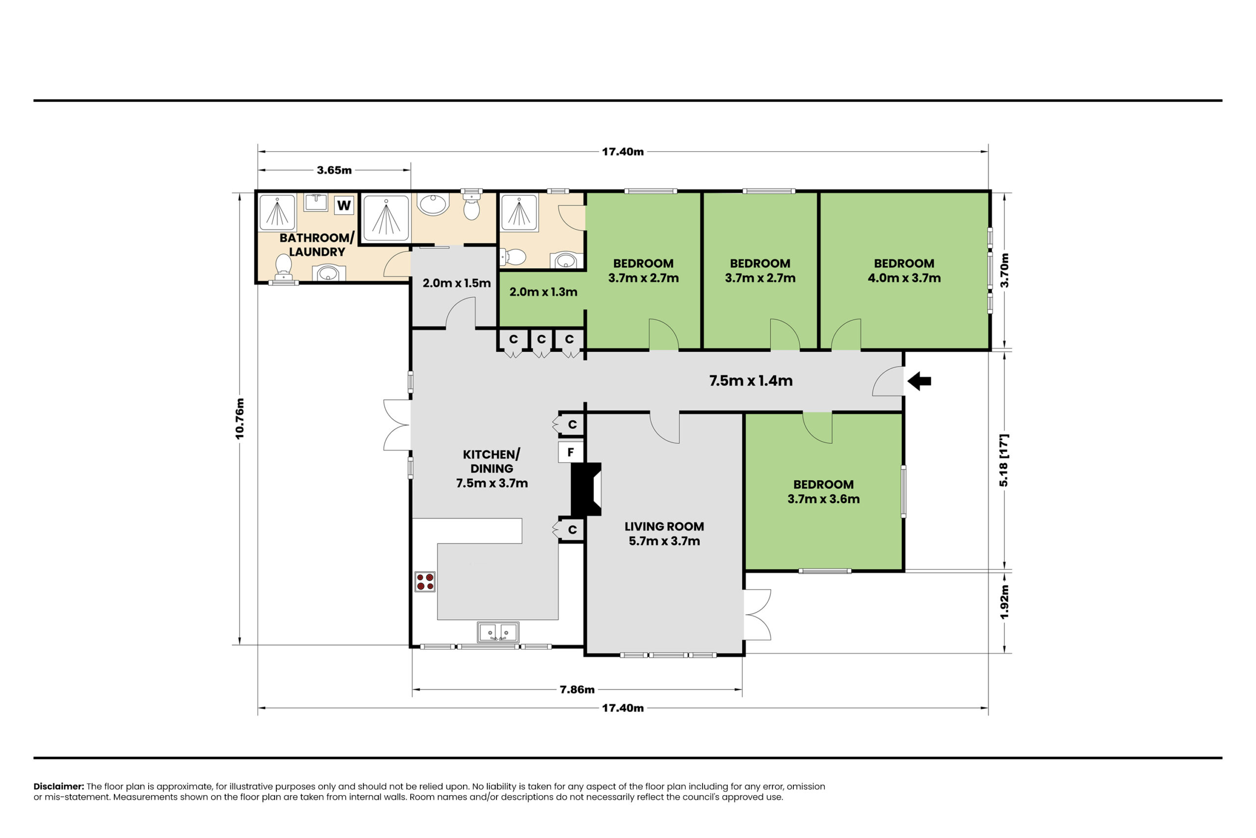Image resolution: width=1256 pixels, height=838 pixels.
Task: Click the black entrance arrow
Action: (x=919, y=381)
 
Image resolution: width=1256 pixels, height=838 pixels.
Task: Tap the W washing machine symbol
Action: (x=344, y=205)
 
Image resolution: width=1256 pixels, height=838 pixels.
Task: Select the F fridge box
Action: (x=570, y=452)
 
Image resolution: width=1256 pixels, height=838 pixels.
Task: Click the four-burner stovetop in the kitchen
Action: (x=425, y=581)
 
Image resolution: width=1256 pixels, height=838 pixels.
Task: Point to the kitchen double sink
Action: (x=497, y=632)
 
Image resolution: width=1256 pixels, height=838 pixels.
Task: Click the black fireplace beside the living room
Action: (x=586, y=489)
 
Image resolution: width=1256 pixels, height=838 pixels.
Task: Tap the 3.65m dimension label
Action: (x=334, y=170)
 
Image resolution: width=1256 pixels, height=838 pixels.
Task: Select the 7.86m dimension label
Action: (x=577, y=689)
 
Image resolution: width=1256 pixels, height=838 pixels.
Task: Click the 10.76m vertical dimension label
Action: (x=240, y=418)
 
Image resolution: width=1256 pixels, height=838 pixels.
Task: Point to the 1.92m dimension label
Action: (x=1004, y=602)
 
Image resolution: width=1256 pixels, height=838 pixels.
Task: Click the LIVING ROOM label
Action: (x=664, y=526)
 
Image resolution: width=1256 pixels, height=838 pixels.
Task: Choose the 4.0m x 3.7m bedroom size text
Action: (x=904, y=278)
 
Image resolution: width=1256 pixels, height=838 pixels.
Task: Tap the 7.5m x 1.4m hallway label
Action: (x=751, y=380)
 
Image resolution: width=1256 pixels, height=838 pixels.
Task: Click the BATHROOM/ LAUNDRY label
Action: (x=317, y=245)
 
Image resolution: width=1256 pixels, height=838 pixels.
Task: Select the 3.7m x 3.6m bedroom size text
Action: (x=823, y=499)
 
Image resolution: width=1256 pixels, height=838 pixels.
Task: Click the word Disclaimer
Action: (x=59, y=786)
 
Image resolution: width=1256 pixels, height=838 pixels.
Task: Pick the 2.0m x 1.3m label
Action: (x=543, y=292)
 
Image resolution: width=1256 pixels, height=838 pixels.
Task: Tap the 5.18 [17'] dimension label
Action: (x=1004, y=460)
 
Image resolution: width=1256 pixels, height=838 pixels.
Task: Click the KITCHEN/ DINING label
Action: (x=492, y=461)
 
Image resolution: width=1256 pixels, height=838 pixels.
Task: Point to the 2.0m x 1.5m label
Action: (x=457, y=283)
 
